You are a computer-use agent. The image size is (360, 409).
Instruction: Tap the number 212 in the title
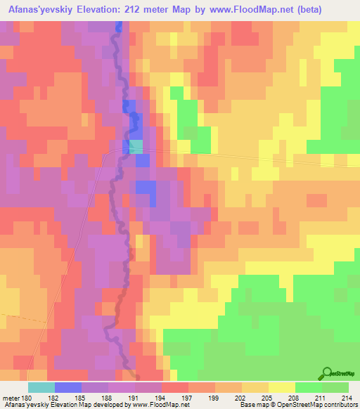164,11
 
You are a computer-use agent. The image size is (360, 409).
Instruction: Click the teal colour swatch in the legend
41,387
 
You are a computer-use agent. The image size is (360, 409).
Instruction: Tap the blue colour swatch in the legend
68,387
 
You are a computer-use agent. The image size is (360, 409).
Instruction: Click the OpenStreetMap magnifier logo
328,373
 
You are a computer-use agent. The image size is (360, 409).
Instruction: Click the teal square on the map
136,146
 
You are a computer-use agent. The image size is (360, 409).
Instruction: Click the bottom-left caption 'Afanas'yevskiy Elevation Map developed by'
55,405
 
